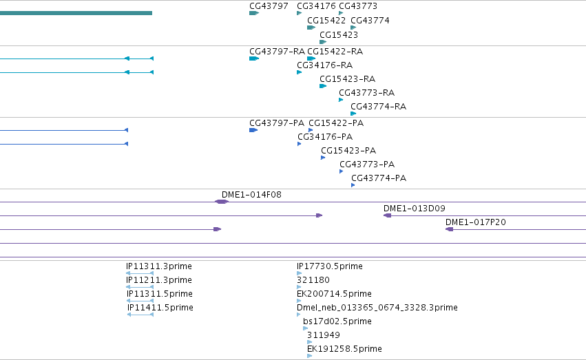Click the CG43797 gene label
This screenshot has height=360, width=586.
[x=269, y=6]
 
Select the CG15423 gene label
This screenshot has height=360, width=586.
[x=339, y=34]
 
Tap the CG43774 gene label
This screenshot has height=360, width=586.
[x=370, y=20]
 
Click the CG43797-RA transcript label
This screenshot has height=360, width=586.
[x=277, y=51]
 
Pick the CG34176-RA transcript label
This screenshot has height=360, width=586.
[x=325, y=65]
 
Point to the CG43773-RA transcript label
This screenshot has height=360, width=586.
[x=366, y=93]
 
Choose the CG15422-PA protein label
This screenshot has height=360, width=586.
[x=336, y=123]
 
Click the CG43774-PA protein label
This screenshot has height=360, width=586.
[x=379, y=178]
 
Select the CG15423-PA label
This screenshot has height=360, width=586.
[x=348, y=151]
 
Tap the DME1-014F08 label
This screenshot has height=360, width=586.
[x=251, y=195]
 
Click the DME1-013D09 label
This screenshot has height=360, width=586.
[x=415, y=209]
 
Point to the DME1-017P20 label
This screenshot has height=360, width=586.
[x=476, y=222]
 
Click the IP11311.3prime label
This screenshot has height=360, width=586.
[x=159, y=266]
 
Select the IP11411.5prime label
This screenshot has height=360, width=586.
[x=160, y=308]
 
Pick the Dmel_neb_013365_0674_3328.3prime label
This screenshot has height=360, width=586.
[x=377, y=308]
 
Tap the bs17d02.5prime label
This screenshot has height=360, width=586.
[x=337, y=321]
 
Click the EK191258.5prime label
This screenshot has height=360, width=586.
[x=344, y=349]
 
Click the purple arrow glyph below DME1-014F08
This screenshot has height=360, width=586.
[x=222, y=202]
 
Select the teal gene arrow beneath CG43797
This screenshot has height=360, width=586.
[x=254, y=13]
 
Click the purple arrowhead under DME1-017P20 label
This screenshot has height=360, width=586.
[x=449, y=229]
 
